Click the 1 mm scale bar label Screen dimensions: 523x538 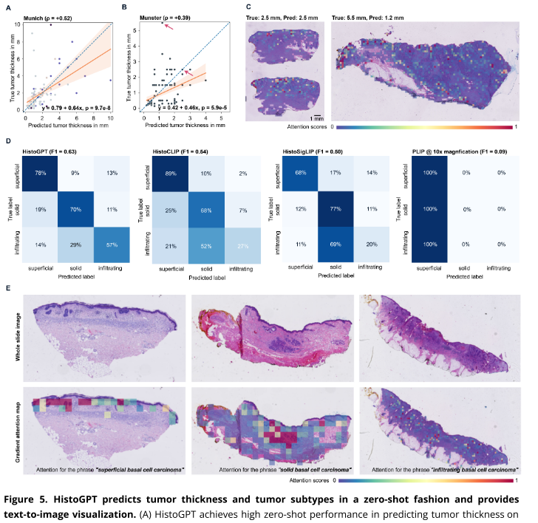(316, 118)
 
